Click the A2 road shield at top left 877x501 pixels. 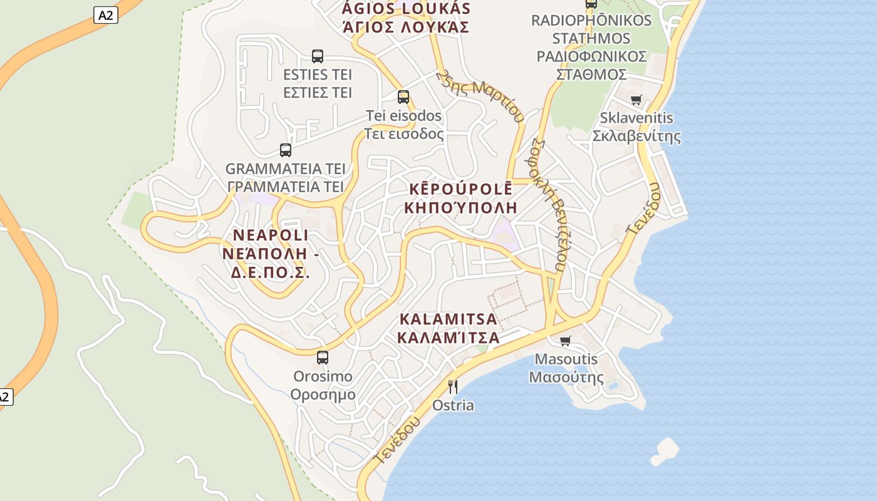coord(106,15)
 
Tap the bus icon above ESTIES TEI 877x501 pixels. coord(318,56)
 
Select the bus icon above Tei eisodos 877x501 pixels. coord(403,97)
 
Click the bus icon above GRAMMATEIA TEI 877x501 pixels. coord(286,150)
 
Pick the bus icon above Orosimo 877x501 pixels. coord(323,358)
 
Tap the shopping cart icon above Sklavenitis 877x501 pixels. coord(636,100)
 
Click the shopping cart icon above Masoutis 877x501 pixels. coord(566,341)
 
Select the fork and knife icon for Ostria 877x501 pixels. coord(453,386)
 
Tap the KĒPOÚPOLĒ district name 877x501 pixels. coord(461,189)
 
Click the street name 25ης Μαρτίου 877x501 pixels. coord(480,95)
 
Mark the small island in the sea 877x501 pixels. coord(665,451)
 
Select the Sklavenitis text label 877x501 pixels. coord(636,118)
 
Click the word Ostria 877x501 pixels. coord(453,405)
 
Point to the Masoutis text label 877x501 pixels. coord(566,359)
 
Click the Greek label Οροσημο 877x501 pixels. coord(323,395)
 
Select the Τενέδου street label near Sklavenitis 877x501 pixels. coord(643,209)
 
